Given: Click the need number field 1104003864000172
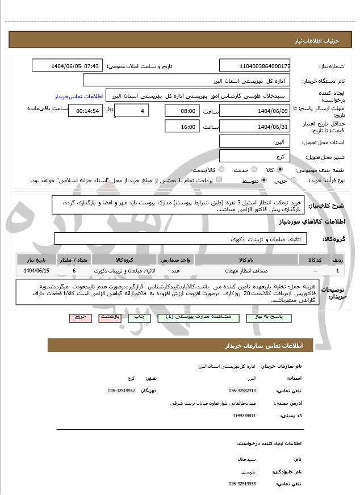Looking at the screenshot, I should coord(254,66).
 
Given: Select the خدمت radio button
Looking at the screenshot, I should coord(254,169).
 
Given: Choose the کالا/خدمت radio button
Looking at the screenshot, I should coord(221,169).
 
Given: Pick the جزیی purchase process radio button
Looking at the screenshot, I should coord(293,180).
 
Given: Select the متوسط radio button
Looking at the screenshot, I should coord(263,180).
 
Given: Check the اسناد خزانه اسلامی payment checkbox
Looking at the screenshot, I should coord(219,180).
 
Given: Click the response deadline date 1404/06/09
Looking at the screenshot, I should coord(254,111).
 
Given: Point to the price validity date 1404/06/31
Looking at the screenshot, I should coord(254,126).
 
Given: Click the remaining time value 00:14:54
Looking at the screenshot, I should coord(85,111).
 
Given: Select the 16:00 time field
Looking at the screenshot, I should coord(182,126).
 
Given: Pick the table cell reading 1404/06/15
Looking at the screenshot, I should coord(37,271).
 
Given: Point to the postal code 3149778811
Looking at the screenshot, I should coord(244,416).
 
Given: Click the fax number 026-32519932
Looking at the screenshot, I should coord(122,391).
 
